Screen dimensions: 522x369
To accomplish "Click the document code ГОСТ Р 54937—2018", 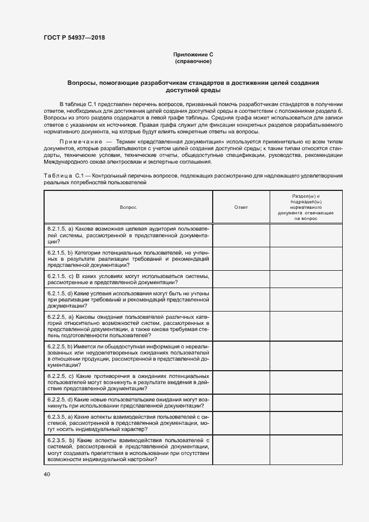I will pos(74,38).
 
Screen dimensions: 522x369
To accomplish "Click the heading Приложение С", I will pos(193,55).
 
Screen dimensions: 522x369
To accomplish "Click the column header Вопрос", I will pos(128,207).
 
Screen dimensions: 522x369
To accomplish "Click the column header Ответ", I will pos(241,207).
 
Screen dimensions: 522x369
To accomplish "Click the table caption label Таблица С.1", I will pos(63,176).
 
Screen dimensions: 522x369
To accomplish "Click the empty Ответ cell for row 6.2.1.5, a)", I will pos(241,235).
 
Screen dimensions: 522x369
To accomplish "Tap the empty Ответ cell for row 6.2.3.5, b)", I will pos(241,450).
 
